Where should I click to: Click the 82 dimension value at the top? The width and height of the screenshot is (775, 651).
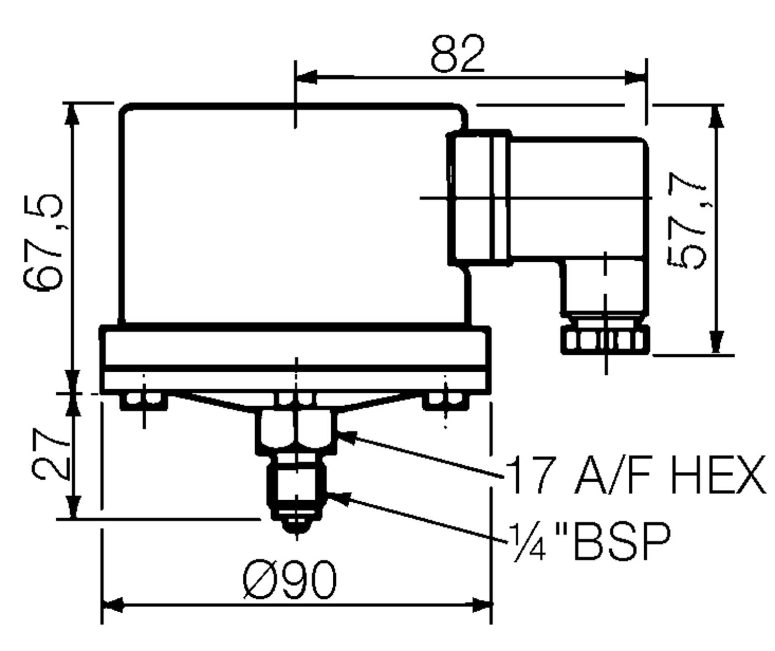pos(458,54)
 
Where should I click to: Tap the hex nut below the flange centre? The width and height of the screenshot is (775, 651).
pos(297,431)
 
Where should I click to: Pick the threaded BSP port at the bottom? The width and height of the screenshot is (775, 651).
pos(296,488)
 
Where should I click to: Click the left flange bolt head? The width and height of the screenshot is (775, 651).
pos(143,400)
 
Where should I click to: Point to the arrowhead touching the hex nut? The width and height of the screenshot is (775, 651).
pos(346,437)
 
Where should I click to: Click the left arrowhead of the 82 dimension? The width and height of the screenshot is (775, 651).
pos(306,78)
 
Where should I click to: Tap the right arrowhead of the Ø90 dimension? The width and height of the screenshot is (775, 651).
pos(481,605)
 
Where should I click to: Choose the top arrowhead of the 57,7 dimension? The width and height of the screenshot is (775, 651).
pos(716,116)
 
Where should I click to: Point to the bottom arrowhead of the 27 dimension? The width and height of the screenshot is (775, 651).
pos(74,507)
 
